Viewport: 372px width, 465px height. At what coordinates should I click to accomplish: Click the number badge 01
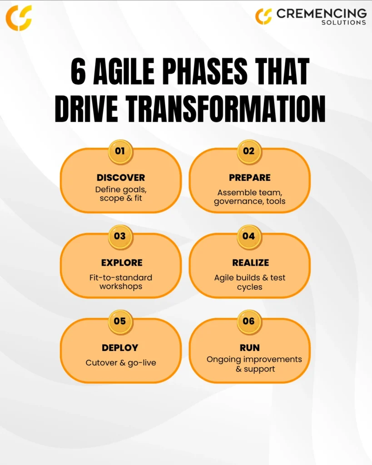tap(120, 152)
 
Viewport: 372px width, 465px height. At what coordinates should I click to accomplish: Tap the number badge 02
tap(249, 152)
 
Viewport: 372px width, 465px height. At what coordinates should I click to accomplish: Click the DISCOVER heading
tap(121, 178)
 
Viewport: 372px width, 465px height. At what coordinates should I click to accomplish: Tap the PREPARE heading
tap(250, 178)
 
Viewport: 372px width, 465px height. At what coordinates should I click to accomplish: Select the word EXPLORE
tap(122, 263)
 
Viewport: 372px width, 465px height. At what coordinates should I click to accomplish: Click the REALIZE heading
tap(250, 263)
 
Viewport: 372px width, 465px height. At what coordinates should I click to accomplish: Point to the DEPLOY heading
tap(120, 348)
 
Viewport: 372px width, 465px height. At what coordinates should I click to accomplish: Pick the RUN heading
tap(250, 348)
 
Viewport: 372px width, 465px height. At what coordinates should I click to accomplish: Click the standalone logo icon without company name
tap(19, 18)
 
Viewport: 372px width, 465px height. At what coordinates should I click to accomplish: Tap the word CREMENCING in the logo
tap(322, 13)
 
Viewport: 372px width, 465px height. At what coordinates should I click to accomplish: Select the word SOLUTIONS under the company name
tap(344, 23)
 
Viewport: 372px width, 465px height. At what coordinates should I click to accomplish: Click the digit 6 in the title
tap(78, 71)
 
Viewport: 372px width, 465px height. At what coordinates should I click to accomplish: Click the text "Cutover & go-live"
tap(121, 363)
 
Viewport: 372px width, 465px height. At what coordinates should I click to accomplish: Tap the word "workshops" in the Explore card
tap(121, 287)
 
